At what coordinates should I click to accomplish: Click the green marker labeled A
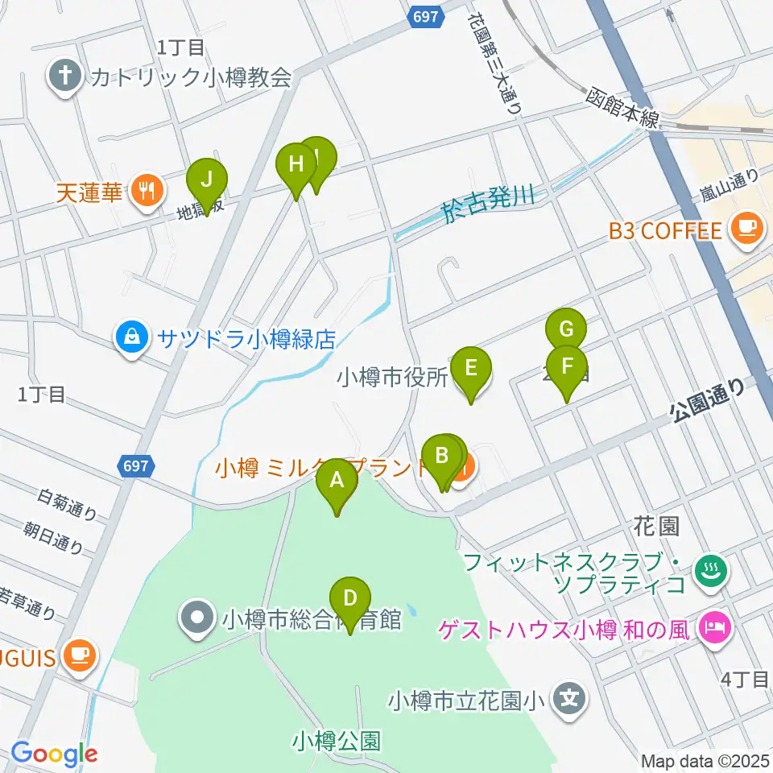[x=337, y=482]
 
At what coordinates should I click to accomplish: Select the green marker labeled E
[x=471, y=369]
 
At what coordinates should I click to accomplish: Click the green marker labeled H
[x=296, y=165]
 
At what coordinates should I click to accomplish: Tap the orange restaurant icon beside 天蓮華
[x=147, y=192]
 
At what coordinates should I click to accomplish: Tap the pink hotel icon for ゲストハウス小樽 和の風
[x=714, y=626]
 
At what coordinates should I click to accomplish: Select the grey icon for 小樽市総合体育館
[x=198, y=618]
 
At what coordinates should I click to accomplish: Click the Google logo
[x=54, y=754]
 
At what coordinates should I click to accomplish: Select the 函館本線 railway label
[x=622, y=107]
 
